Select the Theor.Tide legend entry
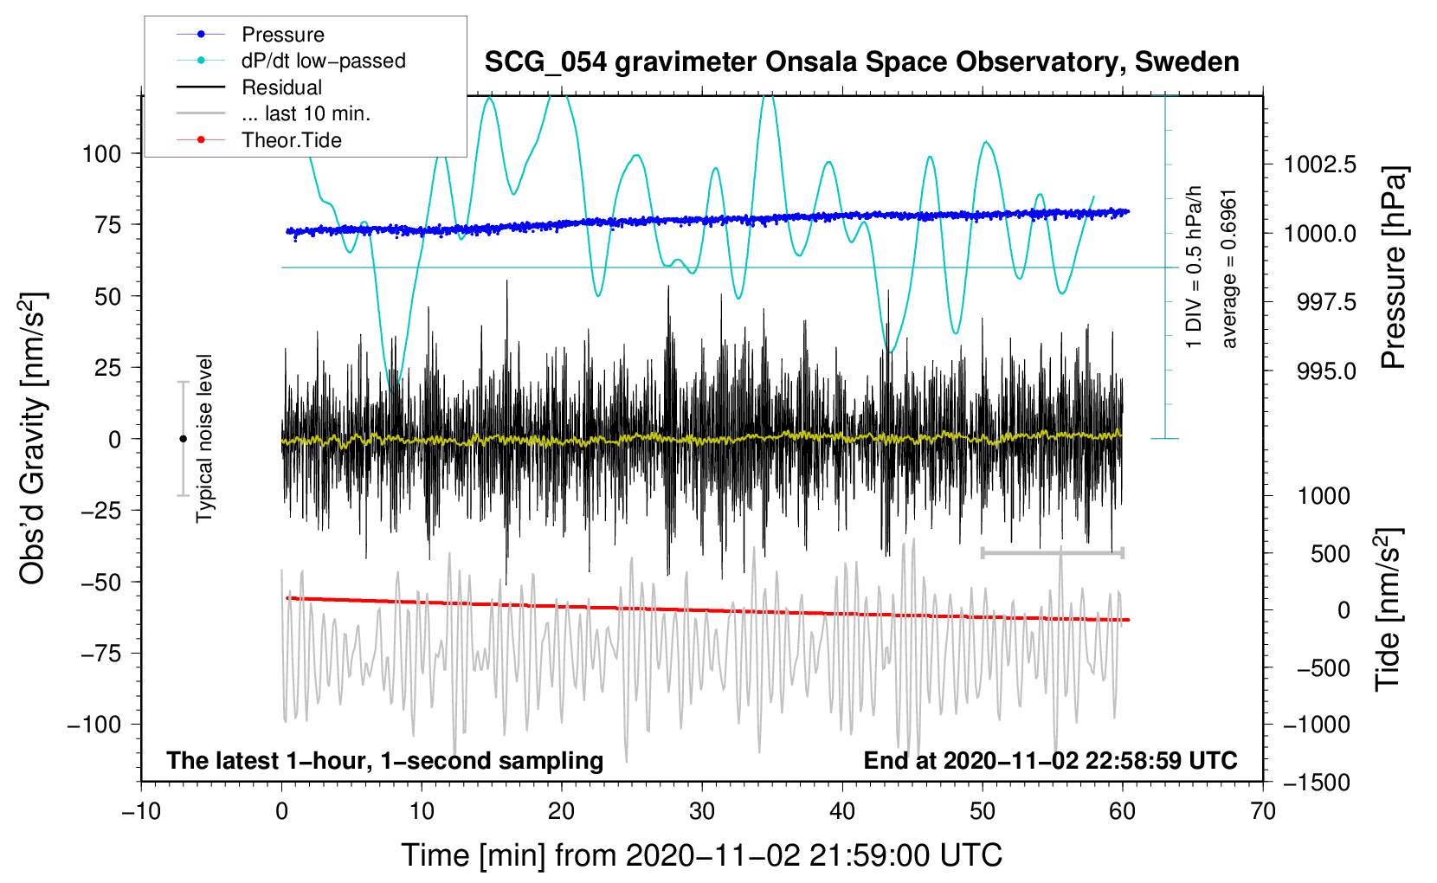coord(291,140)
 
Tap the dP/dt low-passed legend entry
coord(323,61)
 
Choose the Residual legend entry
coord(281,87)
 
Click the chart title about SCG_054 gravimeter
coord(861,62)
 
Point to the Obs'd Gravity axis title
coord(32,439)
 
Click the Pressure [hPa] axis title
coord(1393,268)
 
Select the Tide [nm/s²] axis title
coord(1388,610)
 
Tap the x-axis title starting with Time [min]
coord(701,855)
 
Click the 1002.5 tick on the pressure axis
coord(1319,164)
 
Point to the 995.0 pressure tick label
coord(1326,371)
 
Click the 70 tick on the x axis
coord(1263,811)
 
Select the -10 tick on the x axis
coord(141,811)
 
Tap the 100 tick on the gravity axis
coord(101,154)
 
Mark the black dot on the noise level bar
coord(183,439)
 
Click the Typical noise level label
coord(204,438)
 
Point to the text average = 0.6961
coord(1228,268)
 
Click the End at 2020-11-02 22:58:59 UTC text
coord(1050,760)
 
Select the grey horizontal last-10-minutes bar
coord(1052,552)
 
